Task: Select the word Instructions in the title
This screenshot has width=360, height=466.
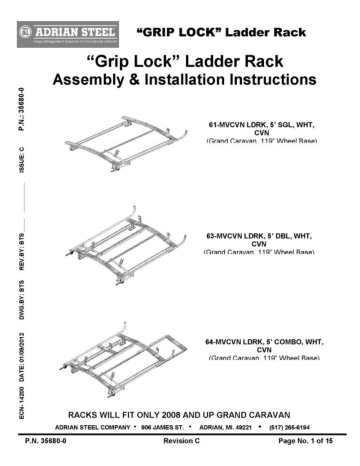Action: [x=263, y=77]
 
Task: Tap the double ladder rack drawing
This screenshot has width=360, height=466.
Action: [x=125, y=243]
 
